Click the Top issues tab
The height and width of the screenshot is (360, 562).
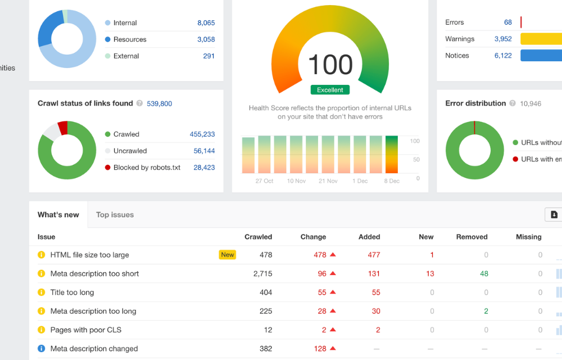click(x=115, y=215)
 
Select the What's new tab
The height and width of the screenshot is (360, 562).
click(x=58, y=215)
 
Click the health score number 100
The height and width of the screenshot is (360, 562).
click(x=330, y=65)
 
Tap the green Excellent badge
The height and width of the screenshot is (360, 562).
click(x=330, y=90)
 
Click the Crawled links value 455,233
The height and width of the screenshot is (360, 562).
click(x=202, y=134)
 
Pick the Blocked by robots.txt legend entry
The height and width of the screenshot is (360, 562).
click(x=147, y=168)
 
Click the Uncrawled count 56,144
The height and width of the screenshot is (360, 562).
click(x=204, y=151)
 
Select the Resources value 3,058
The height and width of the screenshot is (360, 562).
click(x=206, y=39)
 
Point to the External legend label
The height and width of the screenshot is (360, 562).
click(x=126, y=56)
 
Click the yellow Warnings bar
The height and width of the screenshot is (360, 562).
click(x=541, y=39)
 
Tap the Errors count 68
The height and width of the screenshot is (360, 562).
click(x=508, y=22)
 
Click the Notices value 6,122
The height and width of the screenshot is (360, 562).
click(x=503, y=56)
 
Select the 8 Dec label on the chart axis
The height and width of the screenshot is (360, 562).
click(x=391, y=181)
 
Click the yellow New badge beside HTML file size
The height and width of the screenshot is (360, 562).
click(x=228, y=255)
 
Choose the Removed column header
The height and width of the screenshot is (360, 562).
click(x=472, y=237)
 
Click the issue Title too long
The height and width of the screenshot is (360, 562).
click(x=72, y=292)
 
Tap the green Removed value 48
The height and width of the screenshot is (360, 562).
click(x=484, y=274)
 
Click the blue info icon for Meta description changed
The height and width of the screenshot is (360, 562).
click(x=41, y=349)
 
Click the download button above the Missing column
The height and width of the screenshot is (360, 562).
click(x=554, y=214)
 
